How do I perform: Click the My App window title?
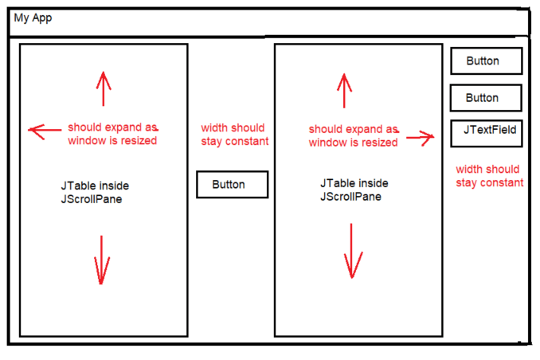coord(33,18)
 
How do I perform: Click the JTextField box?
coord(486,133)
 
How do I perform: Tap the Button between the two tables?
coord(232,185)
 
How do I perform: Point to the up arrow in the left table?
coord(102,88)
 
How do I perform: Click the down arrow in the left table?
coord(101,259)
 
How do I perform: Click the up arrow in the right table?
coord(344,89)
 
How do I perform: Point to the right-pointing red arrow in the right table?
coord(420,138)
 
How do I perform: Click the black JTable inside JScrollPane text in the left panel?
coord(95,192)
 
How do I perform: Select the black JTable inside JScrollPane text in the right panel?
coord(354,190)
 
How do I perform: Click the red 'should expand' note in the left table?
coord(112,134)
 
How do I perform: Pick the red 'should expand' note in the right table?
coord(353,135)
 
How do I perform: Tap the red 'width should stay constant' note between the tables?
coord(234,135)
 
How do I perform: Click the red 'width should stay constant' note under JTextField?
coord(489,176)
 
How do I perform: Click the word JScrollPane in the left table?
coord(92,198)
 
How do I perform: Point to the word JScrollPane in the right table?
coord(350,197)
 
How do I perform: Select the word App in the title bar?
coord(42,18)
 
